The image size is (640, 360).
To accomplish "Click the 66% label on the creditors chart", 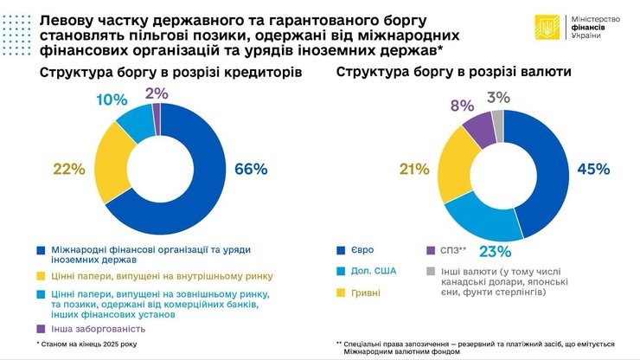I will (252, 170).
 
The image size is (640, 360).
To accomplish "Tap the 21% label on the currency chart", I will (415, 170).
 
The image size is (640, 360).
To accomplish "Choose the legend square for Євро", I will (342, 250).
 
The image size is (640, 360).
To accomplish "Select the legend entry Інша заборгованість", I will (89, 328).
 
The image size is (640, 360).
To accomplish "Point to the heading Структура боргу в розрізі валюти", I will (449, 73).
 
